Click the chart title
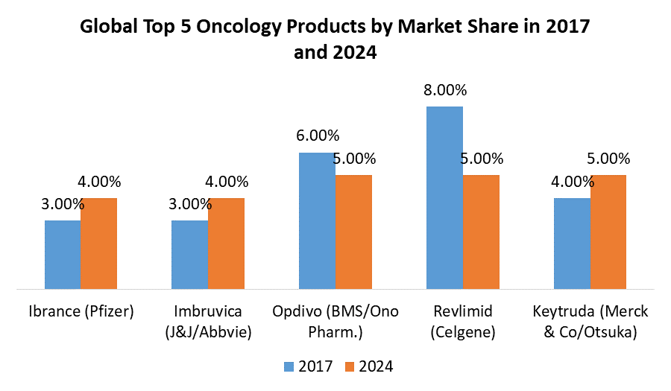tap(335, 40)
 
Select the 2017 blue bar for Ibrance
tap(63, 254)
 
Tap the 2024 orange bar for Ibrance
tap(99, 243)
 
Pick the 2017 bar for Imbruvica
tap(189, 254)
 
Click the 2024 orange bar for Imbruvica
tap(226, 243)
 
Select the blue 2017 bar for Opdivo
tap(317, 220)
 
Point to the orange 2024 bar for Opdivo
tap(353, 232)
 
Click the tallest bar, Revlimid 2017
tap(444, 197)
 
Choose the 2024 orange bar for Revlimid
tap(481, 232)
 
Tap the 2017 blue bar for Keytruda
tap(572, 243)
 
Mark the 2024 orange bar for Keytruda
tap(608, 232)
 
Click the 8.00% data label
tap(444, 90)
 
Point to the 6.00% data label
tap(317, 136)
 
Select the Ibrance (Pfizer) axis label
tap(81, 311)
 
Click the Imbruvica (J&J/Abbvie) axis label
tap(208, 322)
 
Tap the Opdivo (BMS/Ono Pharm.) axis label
tap(335, 322)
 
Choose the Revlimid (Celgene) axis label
tap(462, 322)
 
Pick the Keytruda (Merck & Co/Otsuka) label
tap(590, 322)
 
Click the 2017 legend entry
tap(309, 366)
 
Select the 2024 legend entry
tap(368, 366)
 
